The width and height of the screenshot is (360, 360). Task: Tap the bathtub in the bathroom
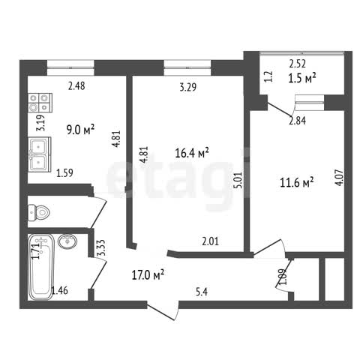tap(41, 266)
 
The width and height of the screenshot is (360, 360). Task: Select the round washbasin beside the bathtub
tap(67, 241)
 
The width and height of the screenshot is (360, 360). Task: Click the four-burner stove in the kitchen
tap(40, 103)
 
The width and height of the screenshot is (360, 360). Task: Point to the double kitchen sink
tap(40, 154)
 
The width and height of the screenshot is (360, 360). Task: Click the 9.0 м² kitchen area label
tap(80, 130)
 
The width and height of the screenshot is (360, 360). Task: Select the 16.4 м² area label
tap(192, 153)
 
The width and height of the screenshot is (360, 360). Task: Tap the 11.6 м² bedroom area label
tap(297, 182)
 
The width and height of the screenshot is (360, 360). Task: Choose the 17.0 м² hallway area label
tap(148, 274)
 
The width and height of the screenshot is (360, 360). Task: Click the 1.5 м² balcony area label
tap(302, 78)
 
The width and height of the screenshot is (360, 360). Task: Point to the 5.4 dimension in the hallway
tap(202, 292)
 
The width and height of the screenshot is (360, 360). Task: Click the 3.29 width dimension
tap(188, 87)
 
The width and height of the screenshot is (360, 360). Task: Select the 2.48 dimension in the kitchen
tap(76, 86)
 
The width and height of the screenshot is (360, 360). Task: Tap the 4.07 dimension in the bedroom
tap(340, 178)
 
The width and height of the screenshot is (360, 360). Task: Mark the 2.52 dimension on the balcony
tap(298, 64)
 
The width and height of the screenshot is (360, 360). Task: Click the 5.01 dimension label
tap(238, 180)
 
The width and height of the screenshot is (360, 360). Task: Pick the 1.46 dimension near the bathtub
tap(59, 290)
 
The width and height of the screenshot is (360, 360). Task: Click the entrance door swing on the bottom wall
tap(163, 311)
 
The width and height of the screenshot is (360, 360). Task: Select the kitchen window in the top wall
tap(70, 67)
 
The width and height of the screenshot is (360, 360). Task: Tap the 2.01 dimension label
tap(210, 241)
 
